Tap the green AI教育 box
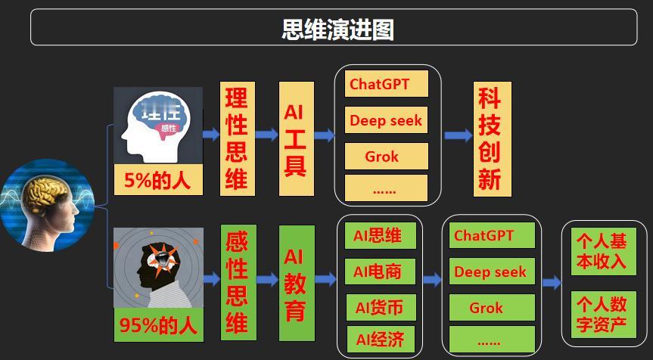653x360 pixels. coord(294,282)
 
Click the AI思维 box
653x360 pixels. coord(378,235)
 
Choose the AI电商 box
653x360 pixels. coord(378,271)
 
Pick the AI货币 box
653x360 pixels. coord(378,307)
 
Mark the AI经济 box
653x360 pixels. coord(378,339)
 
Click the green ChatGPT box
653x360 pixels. coord(492,235)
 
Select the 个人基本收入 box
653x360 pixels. coord(601,250)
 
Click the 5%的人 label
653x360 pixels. coord(158,181)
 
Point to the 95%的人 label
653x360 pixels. coord(158,327)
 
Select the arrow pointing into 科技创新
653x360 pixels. coord(458,136)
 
